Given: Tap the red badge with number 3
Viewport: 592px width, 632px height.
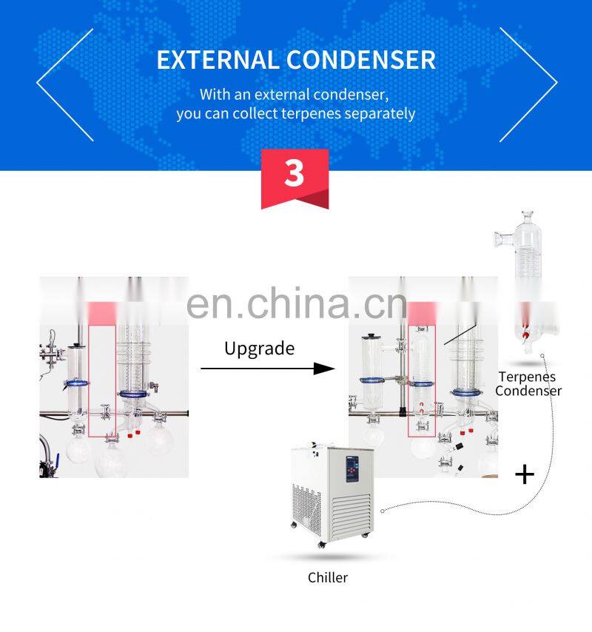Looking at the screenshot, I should point(295,175).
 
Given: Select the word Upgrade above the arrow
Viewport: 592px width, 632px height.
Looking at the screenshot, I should point(259,348).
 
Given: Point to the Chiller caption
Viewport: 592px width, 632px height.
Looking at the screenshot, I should point(328,577).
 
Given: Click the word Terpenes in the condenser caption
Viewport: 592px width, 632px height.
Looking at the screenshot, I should point(527,377).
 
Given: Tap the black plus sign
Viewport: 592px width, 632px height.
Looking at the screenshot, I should point(524,474).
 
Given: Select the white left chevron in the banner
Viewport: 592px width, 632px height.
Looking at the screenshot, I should point(65,84).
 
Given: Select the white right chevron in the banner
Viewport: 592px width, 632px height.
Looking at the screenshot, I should point(528,84).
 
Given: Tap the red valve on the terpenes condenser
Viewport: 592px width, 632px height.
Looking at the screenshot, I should point(526,334).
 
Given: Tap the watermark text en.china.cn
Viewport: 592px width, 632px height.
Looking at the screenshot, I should point(296,303).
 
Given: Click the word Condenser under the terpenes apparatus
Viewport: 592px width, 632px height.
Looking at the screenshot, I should point(528,391).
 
